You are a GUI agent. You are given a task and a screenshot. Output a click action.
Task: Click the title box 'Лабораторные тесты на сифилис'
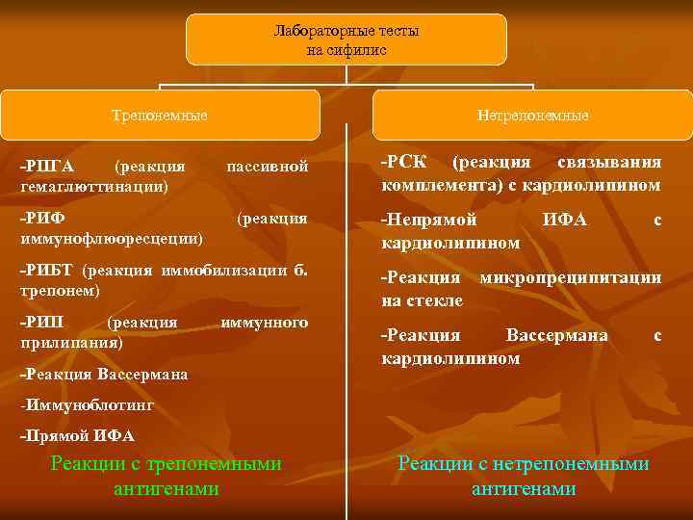point(346,39)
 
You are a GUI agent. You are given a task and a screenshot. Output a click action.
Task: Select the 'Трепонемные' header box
point(160,116)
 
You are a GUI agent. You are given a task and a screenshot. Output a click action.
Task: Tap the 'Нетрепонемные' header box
point(531,116)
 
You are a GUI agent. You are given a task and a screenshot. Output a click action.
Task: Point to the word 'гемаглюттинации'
point(92,184)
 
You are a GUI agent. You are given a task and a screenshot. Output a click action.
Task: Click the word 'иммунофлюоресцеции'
point(112,235)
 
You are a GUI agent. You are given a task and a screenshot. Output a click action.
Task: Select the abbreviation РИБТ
point(51,271)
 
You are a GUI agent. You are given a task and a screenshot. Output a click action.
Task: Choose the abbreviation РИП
point(45,322)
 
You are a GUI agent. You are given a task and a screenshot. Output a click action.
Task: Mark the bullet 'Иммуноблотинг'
point(88,406)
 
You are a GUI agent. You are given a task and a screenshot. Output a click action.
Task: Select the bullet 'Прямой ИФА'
point(78,436)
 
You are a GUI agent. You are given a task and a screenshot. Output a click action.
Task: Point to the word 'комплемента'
point(430,184)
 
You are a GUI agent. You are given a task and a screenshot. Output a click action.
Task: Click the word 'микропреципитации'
point(571,278)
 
